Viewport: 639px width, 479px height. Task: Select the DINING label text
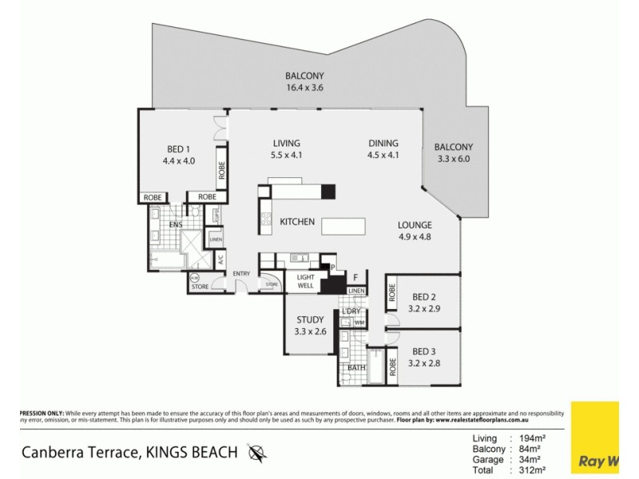(x=383, y=144)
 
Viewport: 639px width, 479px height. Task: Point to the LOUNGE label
(x=415, y=225)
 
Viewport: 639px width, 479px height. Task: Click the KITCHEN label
(x=296, y=222)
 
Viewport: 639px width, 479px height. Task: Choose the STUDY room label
(x=310, y=319)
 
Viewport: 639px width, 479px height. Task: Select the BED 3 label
(x=423, y=350)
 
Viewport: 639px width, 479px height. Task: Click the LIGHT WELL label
(x=305, y=279)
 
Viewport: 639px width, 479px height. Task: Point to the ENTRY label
(x=241, y=274)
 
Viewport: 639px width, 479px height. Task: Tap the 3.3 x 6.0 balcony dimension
(x=453, y=159)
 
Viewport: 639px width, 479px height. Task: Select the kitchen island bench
(x=343, y=228)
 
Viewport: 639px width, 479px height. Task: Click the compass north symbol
(x=257, y=453)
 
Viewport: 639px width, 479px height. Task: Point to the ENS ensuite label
(x=177, y=225)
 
